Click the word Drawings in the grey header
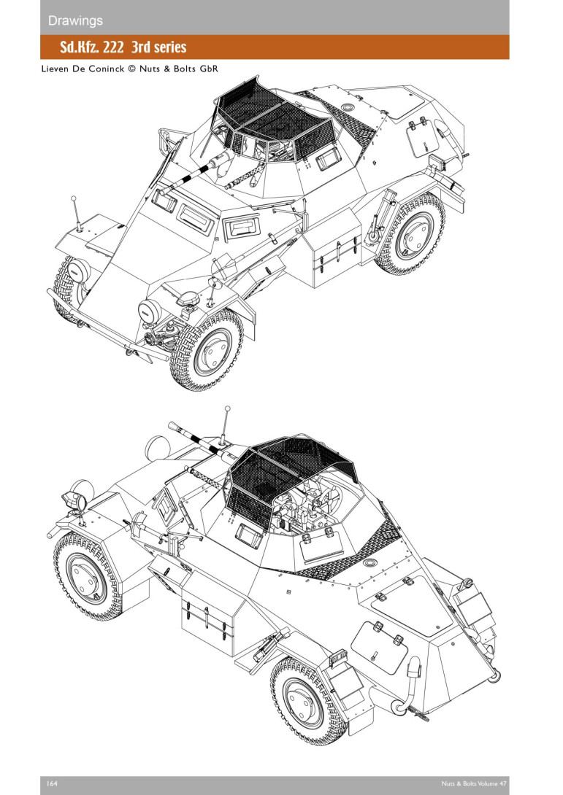75,21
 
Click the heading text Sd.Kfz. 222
91,47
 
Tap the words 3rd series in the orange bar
159,47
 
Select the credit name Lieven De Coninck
83,69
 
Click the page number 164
52,783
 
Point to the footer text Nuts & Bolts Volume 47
474,783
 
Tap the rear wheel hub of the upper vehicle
414,236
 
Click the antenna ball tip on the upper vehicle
74,198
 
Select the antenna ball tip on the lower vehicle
227,408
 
